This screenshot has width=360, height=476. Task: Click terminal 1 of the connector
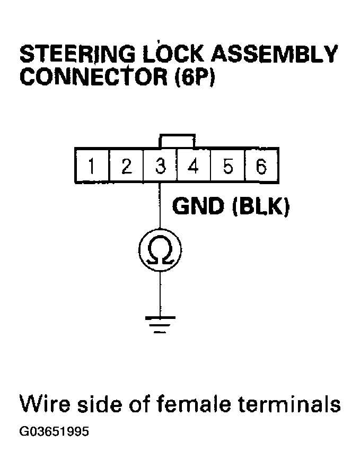(x=92, y=167)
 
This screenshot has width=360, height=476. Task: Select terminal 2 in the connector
(x=126, y=167)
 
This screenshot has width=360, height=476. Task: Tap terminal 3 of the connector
(x=160, y=167)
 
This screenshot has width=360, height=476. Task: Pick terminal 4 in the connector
(x=194, y=167)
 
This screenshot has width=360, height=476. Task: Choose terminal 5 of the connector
(x=227, y=167)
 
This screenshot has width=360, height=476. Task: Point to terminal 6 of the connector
(x=261, y=167)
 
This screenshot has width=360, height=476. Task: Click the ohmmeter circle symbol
(x=160, y=249)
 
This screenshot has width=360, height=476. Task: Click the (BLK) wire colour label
(x=260, y=207)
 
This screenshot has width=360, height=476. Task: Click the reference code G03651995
(x=54, y=432)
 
